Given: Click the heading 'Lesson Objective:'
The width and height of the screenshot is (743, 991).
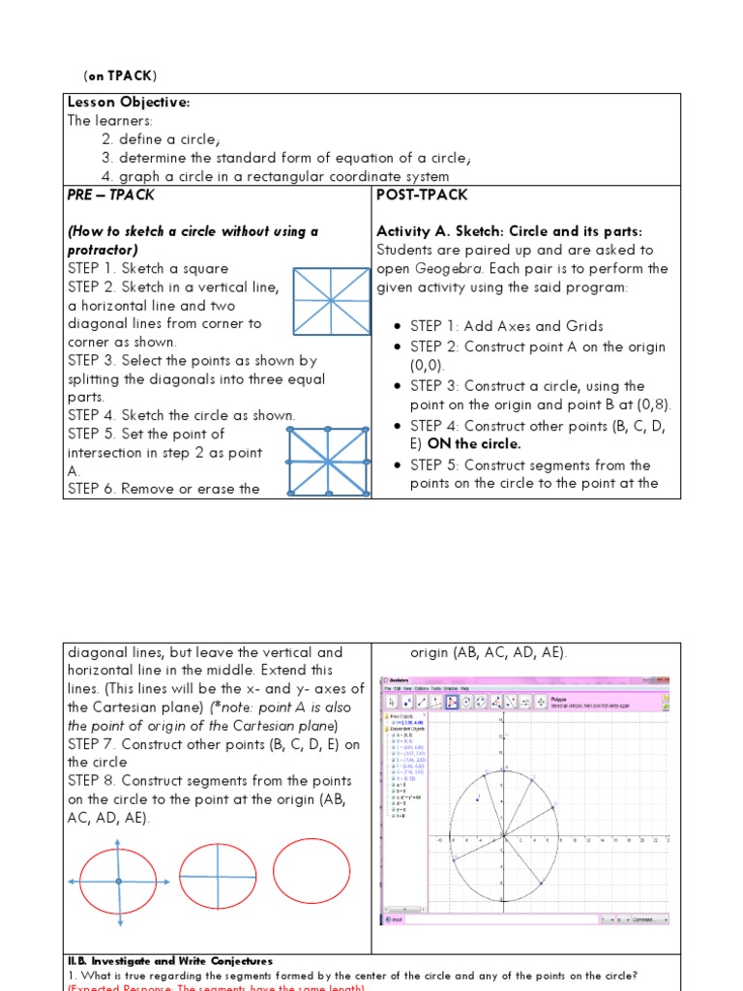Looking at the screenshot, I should (x=129, y=103).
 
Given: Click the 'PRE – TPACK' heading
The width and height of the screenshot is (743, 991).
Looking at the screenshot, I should (x=111, y=195).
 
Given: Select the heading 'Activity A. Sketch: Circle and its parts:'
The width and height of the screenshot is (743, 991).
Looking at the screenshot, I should (x=509, y=231).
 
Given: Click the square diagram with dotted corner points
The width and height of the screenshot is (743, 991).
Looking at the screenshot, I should (x=329, y=461).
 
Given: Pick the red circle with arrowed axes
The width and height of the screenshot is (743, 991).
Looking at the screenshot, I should (x=118, y=881).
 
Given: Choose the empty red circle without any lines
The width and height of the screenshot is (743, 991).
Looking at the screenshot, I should (x=312, y=871).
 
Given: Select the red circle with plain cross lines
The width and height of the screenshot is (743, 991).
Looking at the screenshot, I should (x=218, y=877).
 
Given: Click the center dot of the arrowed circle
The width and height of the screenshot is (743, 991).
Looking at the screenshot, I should (x=118, y=881).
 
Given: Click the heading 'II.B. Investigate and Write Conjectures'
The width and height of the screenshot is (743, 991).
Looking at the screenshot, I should (x=169, y=961).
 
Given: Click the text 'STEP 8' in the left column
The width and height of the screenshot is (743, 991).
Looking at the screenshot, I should (x=92, y=781).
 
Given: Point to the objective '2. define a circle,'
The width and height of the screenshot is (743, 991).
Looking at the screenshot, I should (x=161, y=139).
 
